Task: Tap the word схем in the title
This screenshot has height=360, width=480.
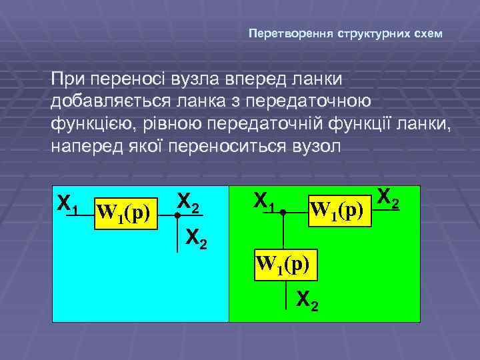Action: pos(428,33)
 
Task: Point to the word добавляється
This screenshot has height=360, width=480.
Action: pos(120,102)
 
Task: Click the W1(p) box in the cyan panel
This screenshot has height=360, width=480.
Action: pos(125,213)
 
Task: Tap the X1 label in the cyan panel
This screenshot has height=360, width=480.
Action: pos(68,204)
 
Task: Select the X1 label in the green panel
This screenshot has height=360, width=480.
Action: pos(265,201)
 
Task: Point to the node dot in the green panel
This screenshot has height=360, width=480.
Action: pos(283,214)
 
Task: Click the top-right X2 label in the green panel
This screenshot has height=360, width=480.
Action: pos(388,197)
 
